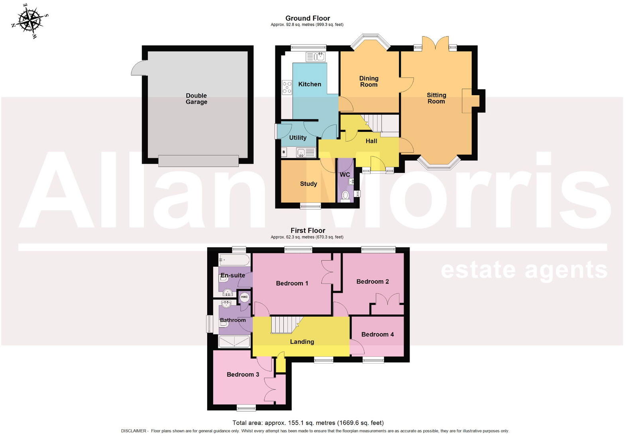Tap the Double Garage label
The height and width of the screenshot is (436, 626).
coord(196,99)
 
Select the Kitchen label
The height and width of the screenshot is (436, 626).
coord(310,84)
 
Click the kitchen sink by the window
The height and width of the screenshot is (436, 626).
coord(315,57)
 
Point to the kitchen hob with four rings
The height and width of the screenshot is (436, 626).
coord(287,87)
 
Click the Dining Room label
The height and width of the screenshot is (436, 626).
coord(369,82)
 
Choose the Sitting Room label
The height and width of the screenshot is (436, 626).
coord(436,98)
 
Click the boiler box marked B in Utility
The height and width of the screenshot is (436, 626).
coord(284,152)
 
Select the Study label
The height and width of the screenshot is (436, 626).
coord(308,184)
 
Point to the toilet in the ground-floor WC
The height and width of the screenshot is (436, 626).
coord(345,196)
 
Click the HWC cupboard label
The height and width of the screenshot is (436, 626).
coord(244,297)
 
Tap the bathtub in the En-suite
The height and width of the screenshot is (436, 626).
coord(234,260)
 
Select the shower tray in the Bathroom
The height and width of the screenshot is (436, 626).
coord(234,341)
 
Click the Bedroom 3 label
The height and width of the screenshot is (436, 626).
coord(243,374)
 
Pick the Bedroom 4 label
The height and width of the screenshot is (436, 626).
coord(377,334)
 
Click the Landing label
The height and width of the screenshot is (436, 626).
coord(302,342)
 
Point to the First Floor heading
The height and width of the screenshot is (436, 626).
coord(308,231)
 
